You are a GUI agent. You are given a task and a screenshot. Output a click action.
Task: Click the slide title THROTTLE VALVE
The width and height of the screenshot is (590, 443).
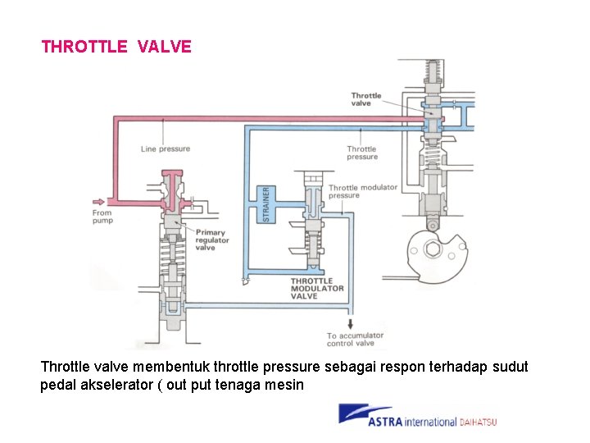click(x=116, y=47)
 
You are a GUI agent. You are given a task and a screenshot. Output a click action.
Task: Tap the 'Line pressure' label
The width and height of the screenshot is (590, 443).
click(x=165, y=149)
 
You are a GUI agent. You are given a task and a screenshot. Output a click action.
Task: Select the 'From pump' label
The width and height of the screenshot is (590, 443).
click(x=102, y=217)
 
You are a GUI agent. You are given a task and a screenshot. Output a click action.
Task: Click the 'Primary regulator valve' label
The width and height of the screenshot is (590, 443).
click(x=211, y=240)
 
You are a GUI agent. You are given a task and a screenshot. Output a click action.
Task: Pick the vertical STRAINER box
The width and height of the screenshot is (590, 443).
click(x=265, y=203)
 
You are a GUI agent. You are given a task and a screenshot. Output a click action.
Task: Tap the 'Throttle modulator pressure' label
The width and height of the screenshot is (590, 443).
click(x=362, y=191)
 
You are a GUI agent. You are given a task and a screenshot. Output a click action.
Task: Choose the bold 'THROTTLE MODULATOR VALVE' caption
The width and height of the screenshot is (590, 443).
click(x=317, y=289)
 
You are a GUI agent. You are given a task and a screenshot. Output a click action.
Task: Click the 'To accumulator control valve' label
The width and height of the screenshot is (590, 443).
click(x=356, y=340)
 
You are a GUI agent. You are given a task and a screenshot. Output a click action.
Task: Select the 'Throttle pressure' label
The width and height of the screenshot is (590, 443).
click(x=361, y=153)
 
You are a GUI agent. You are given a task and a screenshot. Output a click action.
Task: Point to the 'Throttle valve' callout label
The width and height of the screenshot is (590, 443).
click(x=366, y=99)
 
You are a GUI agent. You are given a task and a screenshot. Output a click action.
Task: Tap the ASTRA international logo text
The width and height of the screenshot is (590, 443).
click(x=411, y=422)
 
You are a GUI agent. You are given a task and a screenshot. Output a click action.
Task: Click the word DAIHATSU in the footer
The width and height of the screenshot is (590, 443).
click(x=478, y=422)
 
